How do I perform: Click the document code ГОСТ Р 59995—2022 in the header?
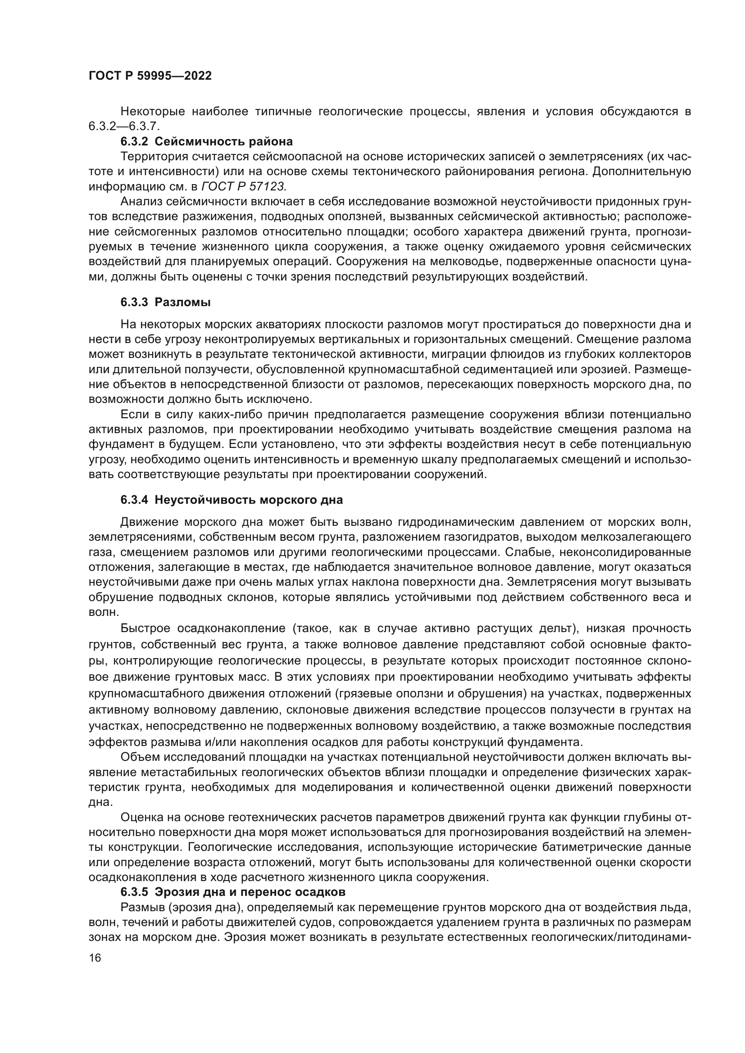click(x=150, y=76)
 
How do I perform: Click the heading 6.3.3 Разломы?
click(x=166, y=302)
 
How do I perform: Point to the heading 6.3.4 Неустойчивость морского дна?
click(x=232, y=500)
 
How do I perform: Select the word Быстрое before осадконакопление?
click(x=145, y=628)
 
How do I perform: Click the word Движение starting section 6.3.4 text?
click(x=148, y=522)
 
